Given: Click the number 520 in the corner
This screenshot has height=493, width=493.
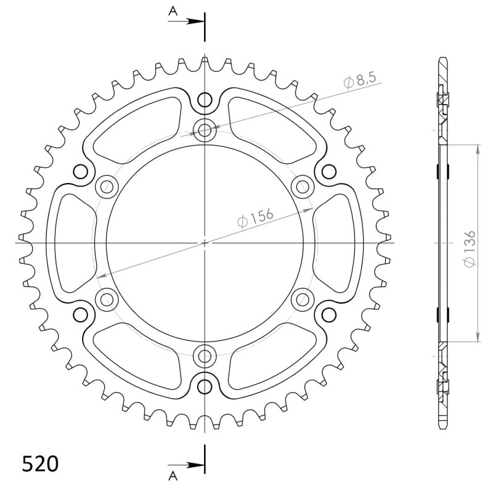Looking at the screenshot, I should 40,463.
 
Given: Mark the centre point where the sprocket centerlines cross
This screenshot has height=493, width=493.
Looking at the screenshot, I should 205,243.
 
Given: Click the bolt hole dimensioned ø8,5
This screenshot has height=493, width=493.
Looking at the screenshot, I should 205,130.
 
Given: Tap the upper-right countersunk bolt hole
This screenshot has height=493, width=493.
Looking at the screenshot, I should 302,185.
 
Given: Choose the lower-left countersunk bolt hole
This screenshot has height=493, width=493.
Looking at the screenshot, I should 107,299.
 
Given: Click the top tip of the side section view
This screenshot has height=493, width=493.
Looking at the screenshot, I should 442,59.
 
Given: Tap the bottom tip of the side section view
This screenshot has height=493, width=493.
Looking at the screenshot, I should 442,428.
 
